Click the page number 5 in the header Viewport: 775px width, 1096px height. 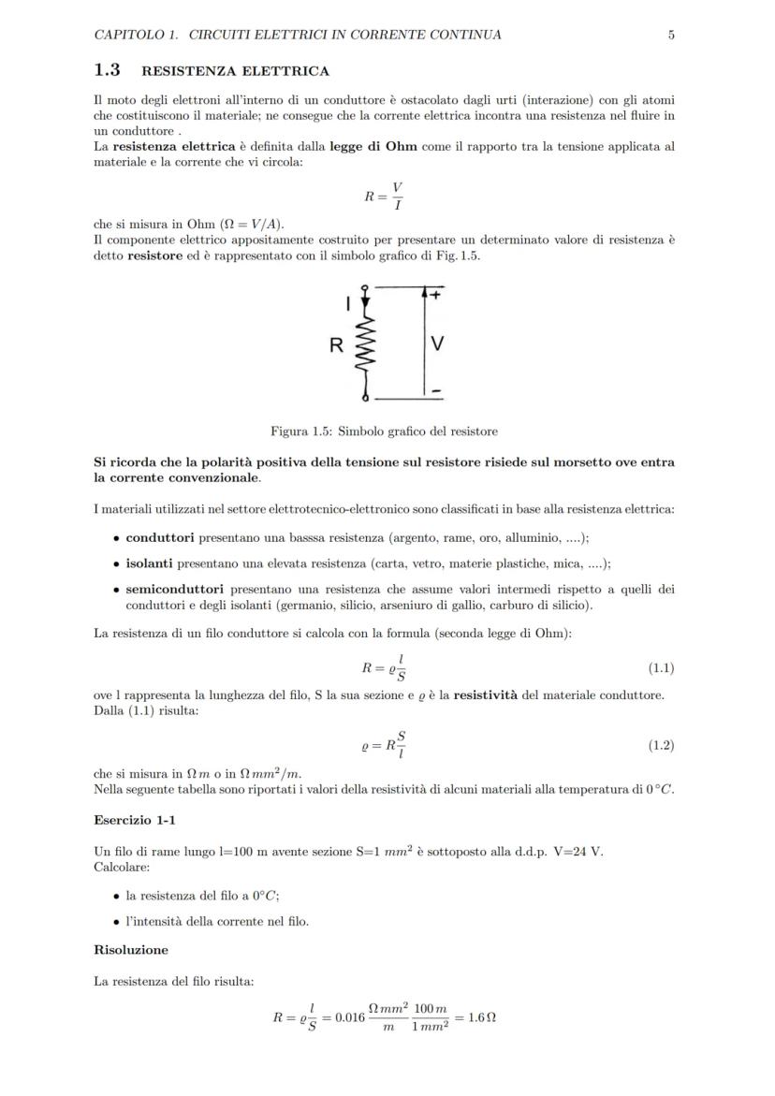[671, 35]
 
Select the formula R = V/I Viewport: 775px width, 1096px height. [384, 196]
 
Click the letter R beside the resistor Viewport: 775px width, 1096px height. [335, 345]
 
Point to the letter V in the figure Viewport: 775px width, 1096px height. [437, 344]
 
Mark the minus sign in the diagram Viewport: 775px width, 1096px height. [436, 389]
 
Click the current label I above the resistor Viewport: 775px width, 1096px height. [348, 302]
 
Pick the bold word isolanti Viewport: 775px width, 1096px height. [150, 563]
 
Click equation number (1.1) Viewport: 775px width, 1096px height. [661, 667]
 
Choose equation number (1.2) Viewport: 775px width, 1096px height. [661, 745]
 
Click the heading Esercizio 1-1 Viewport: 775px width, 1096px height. [135, 820]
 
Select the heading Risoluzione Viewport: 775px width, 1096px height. [131, 950]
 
